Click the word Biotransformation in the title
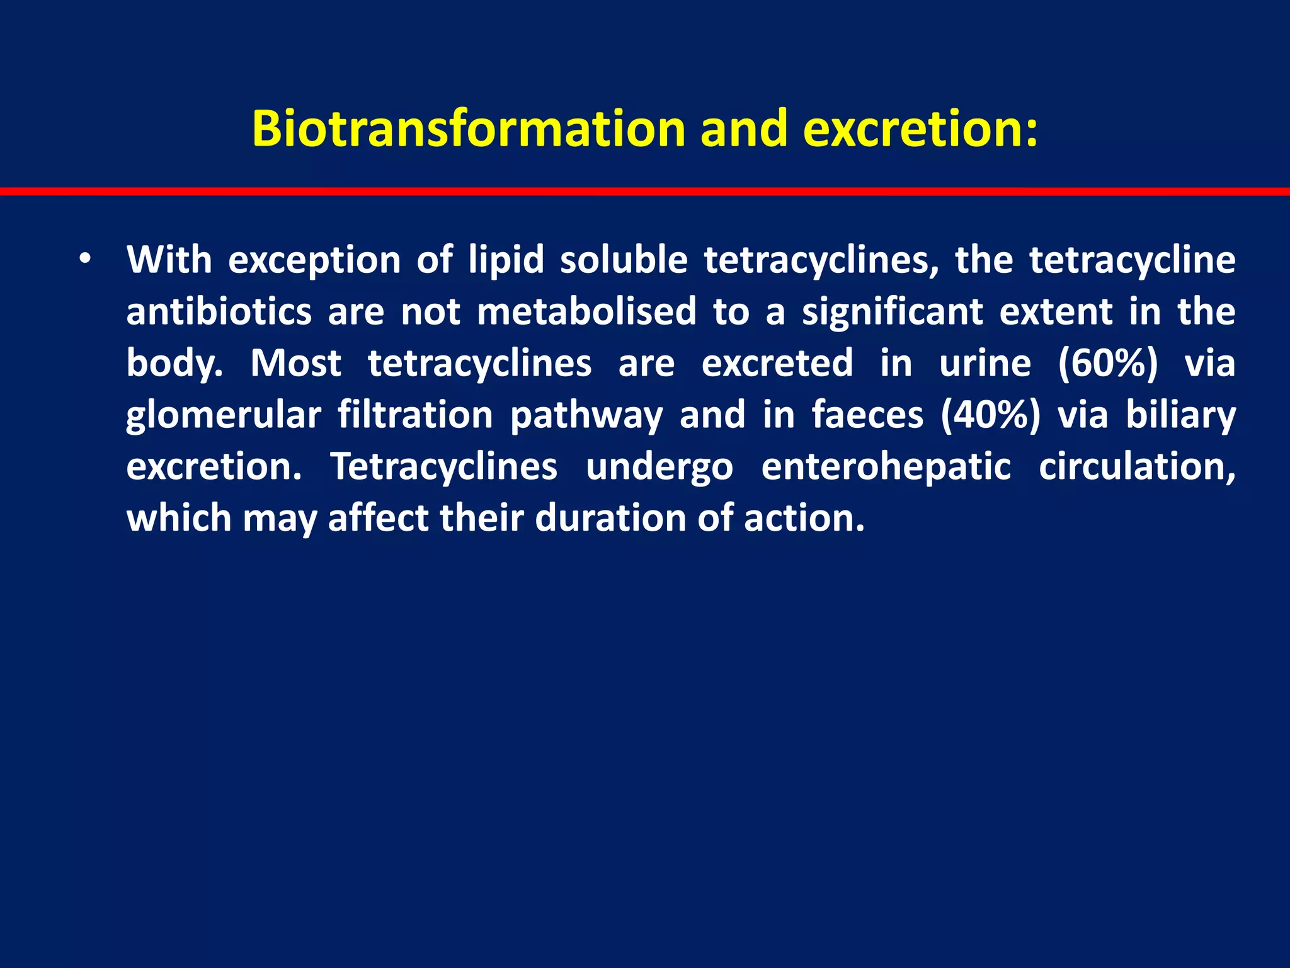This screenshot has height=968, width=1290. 468,129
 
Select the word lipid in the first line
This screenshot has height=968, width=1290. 506,260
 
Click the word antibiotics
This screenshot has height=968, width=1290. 219,311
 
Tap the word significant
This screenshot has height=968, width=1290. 892,311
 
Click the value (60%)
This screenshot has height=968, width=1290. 1107,364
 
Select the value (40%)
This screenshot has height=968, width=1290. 990,415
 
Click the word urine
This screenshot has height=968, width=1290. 985,364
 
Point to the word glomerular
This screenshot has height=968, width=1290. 224,415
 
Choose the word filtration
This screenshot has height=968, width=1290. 415,415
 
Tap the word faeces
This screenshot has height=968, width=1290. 867,415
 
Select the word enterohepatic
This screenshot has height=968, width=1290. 886,467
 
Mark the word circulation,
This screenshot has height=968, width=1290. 1137,467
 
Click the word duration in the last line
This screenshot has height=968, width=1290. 610,519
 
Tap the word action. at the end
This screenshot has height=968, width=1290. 804,519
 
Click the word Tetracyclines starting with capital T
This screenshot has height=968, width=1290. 444,467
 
